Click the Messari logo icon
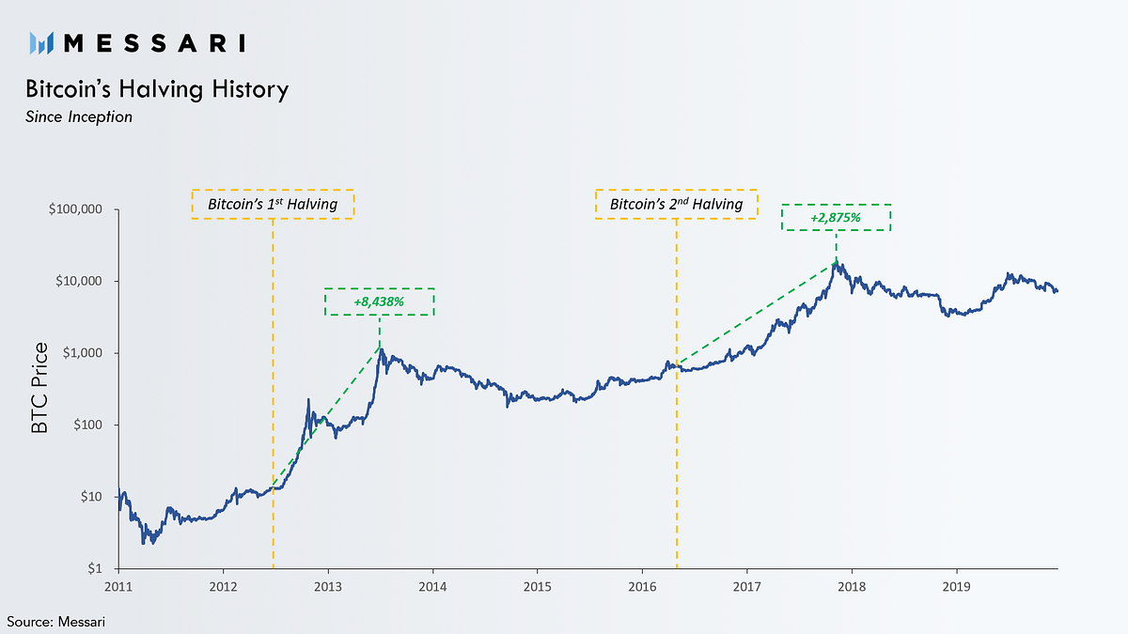(44, 42)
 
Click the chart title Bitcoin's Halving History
(157, 90)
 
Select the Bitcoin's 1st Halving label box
(273, 205)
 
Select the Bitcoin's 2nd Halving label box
(676, 205)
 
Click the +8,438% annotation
(379, 302)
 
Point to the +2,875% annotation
(837, 218)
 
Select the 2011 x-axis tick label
(119, 586)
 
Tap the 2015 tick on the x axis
(537, 586)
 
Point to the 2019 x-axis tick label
(956, 586)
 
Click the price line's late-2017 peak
(837, 264)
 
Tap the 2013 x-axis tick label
(328, 586)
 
